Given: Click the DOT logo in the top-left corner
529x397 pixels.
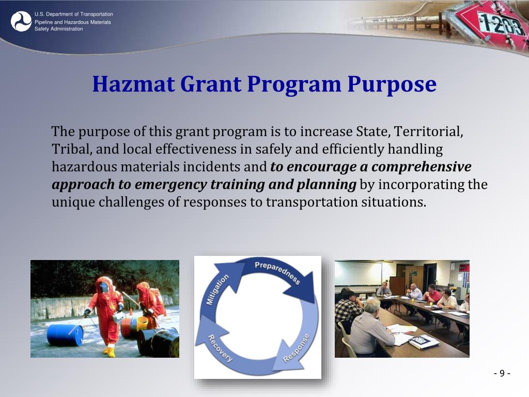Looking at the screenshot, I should pyautogui.click(x=21, y=21).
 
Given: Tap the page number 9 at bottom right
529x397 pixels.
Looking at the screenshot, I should pyautogui.click(x=502, y=374).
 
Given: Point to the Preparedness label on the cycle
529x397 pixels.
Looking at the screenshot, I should pyautogui.click(x=277, y=272).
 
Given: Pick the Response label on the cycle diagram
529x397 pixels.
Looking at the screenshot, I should pyautogui.click(x=297, y=347).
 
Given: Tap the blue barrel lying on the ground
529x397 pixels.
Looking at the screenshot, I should pyautogui.click(x=65, y=335).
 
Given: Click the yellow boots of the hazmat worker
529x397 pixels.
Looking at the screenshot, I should pyautogui.click(x=110, y=352).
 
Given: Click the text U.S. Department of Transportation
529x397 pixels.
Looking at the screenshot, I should pyautogui.click(x=74, y=14).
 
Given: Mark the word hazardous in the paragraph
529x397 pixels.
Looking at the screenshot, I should pyautogui.click(x=83, y=167).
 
